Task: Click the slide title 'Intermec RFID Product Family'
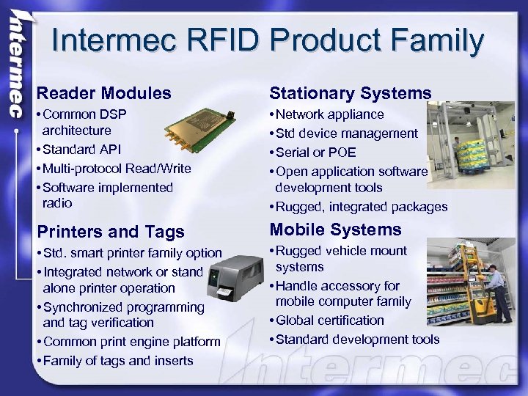pos(268,42)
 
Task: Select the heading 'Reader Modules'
pos(104,93)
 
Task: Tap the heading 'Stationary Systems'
pos(351,93)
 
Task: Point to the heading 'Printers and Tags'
pos(110,232)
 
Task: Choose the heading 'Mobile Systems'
pos(336,230)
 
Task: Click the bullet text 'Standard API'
pos(82,150)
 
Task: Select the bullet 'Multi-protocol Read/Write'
pos(117,169)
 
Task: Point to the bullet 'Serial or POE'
pos(316,153)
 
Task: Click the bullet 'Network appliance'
pos(330,114)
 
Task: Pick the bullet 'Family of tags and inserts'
pos(117,361)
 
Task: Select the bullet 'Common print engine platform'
pos(131,342)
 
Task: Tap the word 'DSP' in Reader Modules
pos(114,114)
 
